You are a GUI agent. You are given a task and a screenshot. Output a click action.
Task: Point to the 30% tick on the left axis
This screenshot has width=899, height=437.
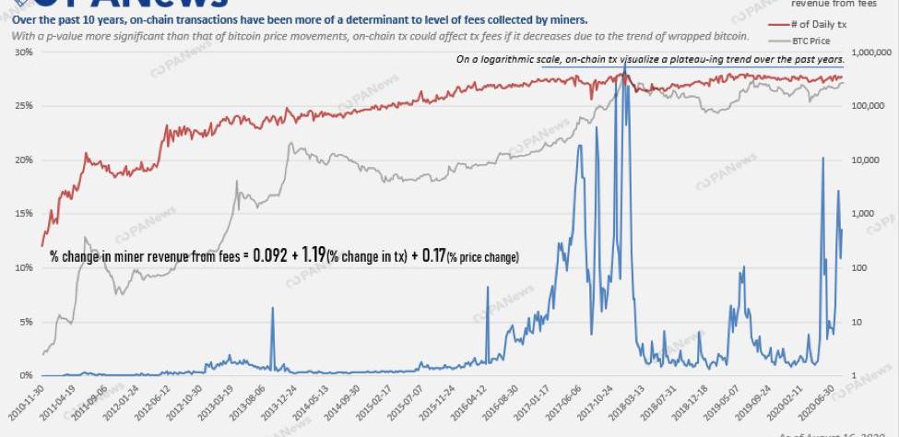tap(24, 53)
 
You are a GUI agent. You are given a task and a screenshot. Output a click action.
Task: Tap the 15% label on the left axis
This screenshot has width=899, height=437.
tap(24, 214)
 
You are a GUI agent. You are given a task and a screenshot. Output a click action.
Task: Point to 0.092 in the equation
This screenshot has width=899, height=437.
tap(272, 255)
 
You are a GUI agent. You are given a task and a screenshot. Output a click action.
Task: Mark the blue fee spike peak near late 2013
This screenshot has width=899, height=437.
tap(272, 309)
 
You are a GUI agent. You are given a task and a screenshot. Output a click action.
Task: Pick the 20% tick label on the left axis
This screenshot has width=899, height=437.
tap(24, 160)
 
